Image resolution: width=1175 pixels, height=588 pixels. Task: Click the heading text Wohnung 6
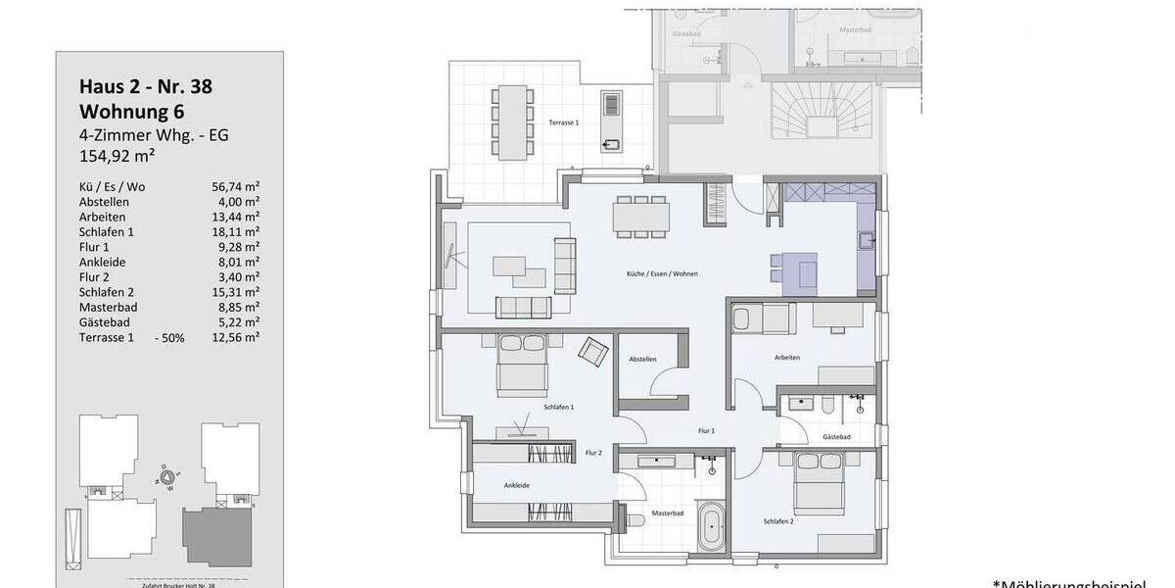click(131, 111)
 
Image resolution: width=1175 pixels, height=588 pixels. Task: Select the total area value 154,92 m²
click(118, 155)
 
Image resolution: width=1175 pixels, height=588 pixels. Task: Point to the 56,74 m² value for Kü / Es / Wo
click(236, 186)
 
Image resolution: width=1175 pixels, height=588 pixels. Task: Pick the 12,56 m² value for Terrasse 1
click(236, 337)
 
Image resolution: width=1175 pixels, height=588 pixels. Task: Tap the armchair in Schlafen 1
click(592, 351)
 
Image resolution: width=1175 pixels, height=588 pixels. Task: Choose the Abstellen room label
click(642, 360)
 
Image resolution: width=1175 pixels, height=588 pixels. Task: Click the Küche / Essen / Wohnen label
click(670, 273)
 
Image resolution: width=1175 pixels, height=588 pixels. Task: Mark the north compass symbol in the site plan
click(167, 477)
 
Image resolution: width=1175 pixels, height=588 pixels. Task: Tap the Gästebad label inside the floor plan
click(836, 436)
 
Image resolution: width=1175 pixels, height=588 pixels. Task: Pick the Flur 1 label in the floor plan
click(706, 431)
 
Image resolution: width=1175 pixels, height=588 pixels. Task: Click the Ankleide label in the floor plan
click(517, 484)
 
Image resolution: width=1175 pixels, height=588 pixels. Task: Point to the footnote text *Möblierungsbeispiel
click(1082, 581)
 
